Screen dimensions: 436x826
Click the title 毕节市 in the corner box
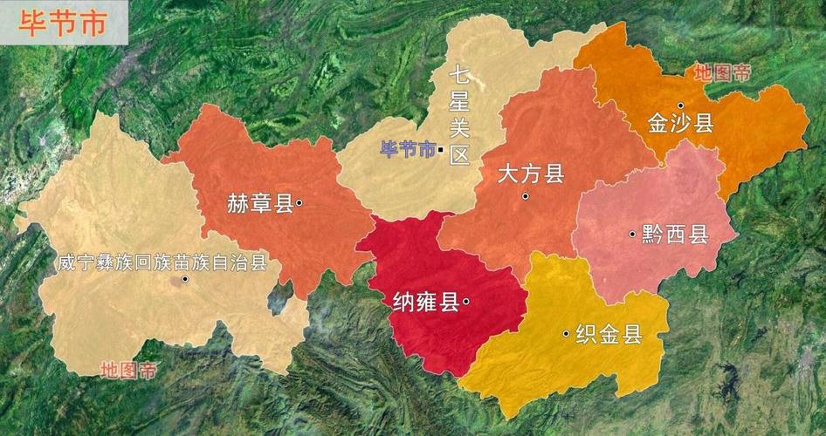[62, 23]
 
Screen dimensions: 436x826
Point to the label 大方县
[531, 174]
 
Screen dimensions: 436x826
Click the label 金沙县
[681, 123]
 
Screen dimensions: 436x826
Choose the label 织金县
[609, 333]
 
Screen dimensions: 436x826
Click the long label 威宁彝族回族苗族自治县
[162, 262]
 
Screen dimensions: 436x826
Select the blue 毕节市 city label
[407, 149]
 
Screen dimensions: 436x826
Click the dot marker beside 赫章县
[299, 203]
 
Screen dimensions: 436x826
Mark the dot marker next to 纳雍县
[466, 302]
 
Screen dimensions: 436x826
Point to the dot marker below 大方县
[526, 196]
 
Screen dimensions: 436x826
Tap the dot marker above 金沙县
[680, 105]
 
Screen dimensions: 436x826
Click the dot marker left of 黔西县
[631, 234]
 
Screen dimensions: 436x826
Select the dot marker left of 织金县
[567, 333]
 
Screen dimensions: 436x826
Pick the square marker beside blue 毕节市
[442, 150]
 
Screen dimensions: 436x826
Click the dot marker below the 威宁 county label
[185, 279]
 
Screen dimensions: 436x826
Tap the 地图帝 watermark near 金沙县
[721, 73]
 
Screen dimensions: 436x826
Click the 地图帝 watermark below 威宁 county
[128, 370]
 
